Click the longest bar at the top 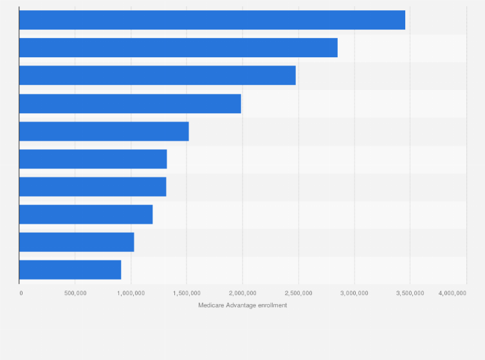(212, 20)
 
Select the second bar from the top (178, 48)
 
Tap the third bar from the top (158, 75)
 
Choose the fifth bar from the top (104, 131)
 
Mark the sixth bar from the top (93, 159)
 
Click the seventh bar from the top (93, 186)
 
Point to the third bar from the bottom (86, 214)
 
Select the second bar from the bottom (77, 242)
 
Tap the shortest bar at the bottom (70, 269)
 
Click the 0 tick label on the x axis (21, 293)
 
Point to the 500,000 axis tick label (75, 293)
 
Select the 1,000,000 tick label (131, 293)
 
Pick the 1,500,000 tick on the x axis (187, 293)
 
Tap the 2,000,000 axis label (243, 293)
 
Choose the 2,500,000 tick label (298, 293)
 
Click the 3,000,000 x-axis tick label (354, 293)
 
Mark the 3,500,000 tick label (410, 293)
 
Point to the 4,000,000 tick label (452, 293)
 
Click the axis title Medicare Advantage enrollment (243, 305)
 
